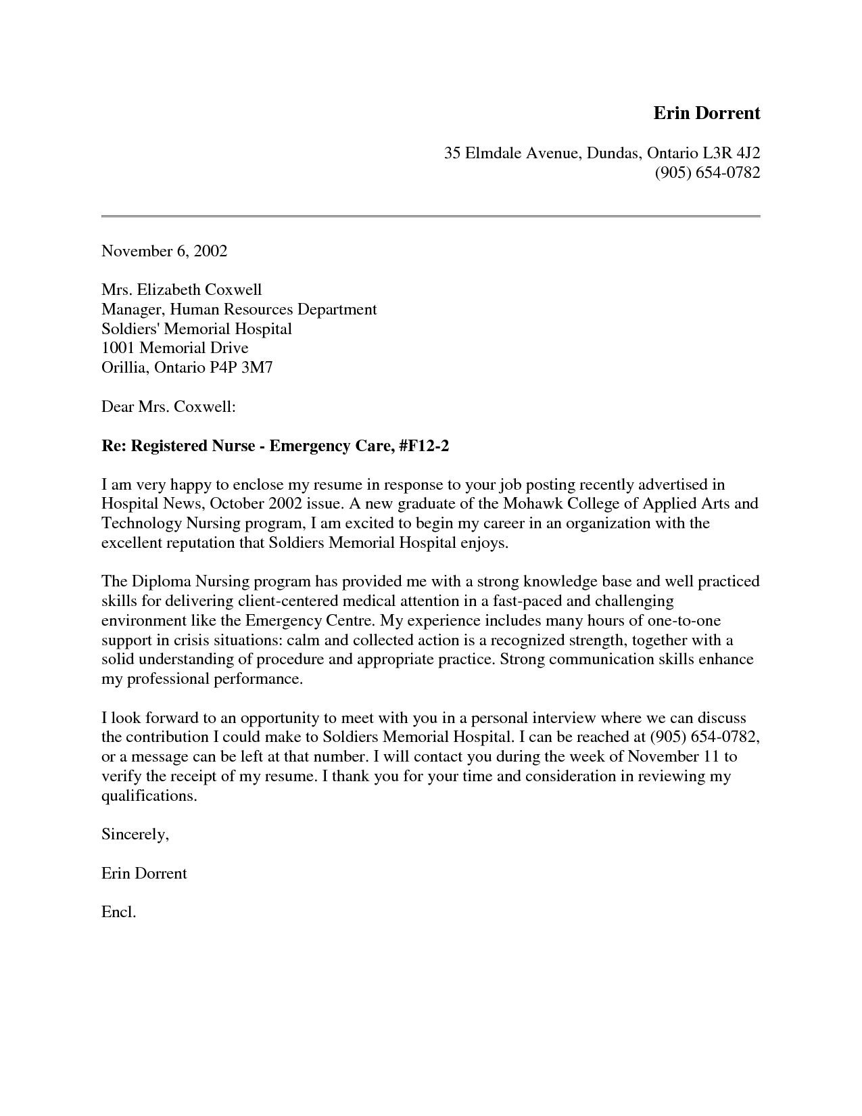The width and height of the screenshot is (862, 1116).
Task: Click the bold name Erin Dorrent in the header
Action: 707,113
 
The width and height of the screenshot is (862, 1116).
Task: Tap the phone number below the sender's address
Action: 707,172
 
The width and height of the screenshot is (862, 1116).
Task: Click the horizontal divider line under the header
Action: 431,216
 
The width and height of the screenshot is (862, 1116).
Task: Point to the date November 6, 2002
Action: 164,252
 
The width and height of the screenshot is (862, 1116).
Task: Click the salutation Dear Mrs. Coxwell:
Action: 168,407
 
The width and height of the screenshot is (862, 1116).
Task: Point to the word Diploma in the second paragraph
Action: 161,582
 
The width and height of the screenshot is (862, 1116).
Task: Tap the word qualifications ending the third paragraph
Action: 149,796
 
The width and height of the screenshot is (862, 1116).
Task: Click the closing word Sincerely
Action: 135,835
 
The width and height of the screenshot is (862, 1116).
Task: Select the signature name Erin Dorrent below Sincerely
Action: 144,874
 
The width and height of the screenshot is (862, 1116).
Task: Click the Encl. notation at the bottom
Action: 119,912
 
